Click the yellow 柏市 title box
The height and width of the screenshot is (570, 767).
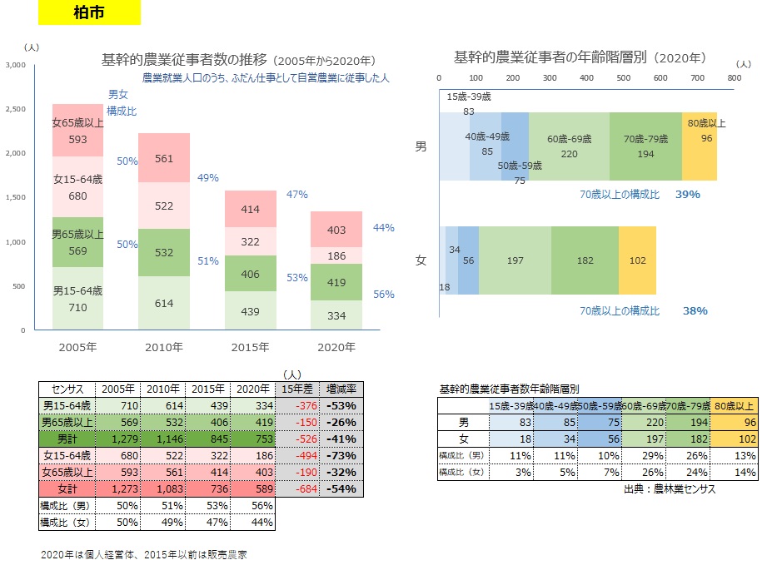89,12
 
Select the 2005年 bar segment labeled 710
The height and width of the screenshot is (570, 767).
77,298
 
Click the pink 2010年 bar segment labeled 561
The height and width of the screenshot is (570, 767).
164,158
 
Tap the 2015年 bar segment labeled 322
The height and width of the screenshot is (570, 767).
251,241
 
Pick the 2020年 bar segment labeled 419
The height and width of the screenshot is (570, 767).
336,282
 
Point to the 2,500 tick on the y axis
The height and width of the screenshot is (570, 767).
16,109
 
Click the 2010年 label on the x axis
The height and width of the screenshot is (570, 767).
164,347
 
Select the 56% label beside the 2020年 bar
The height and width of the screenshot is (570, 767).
383,294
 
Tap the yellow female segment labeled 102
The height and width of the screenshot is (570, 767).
637,260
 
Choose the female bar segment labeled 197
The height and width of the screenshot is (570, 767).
515,260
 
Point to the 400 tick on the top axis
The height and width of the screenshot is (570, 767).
586,77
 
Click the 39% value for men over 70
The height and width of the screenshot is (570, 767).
687,194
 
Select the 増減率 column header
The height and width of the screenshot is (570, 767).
341,389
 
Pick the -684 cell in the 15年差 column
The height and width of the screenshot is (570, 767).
298,488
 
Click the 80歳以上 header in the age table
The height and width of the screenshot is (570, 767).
734,406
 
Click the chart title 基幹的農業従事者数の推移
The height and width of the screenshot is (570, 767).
184,60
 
